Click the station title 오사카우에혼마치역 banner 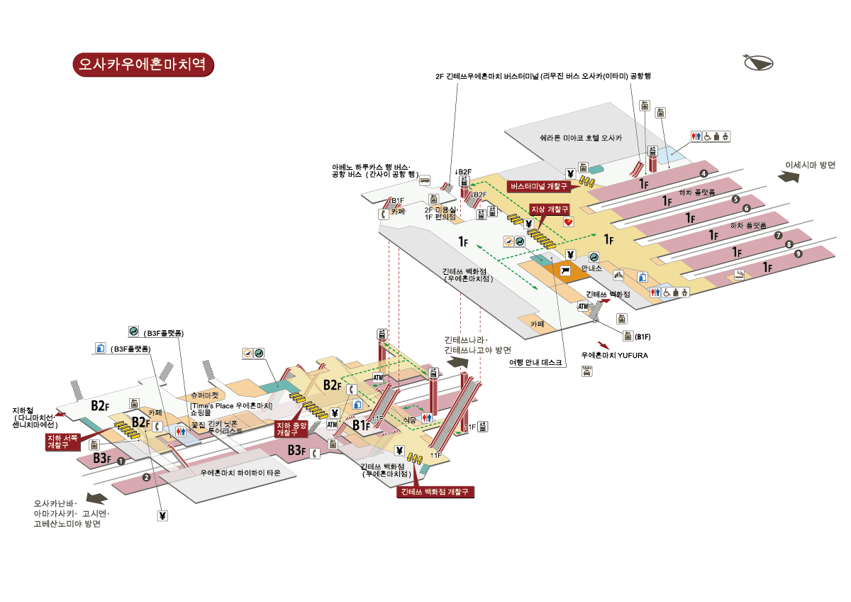[x=143, y=64]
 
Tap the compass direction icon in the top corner [x=760, y=62]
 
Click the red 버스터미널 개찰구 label [x=540, y=187]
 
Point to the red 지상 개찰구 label [x=550, y=209]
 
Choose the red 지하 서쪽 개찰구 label [x=62, y=442]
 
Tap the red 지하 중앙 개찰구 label [x=291, y=428]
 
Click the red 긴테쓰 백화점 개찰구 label [x=435, y=491]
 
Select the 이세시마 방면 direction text [x=810, y=165]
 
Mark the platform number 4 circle [x=704, y=174]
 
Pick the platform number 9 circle [x=799, y=253]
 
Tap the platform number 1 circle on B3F [x=121, y=461]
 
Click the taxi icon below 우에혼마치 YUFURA [x=586, y=371]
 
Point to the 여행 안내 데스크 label [x=536, y=362]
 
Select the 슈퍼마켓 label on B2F [x=204, y=394]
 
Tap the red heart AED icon [x=569, y=222]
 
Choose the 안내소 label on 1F [x=591, y=268]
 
